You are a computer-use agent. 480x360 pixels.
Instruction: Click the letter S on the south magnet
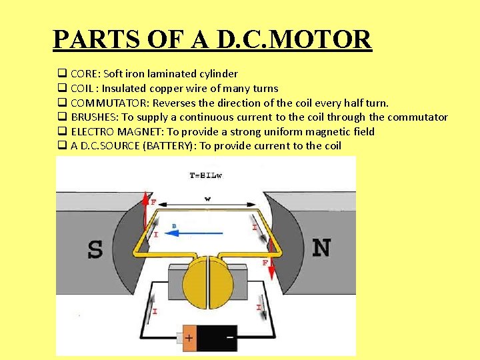(x=95, y=249)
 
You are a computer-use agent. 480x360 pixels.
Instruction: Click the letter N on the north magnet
(x=321, y=247)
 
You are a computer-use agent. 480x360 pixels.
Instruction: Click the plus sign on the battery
(x=189, y=338)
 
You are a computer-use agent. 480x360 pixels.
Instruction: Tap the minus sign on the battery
(x=230, y=337)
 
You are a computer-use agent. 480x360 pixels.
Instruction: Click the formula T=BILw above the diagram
(x=205, y=176)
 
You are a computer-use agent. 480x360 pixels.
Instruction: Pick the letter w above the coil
(x=207, y=198)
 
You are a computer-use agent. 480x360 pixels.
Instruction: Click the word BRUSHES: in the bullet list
(x=95, y=117)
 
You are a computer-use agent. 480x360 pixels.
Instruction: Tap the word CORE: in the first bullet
(x=85, y=74)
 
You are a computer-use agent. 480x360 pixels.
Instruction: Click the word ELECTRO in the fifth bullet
(x=93, y=132)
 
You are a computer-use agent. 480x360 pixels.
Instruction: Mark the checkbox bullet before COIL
(x=61, y=88)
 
